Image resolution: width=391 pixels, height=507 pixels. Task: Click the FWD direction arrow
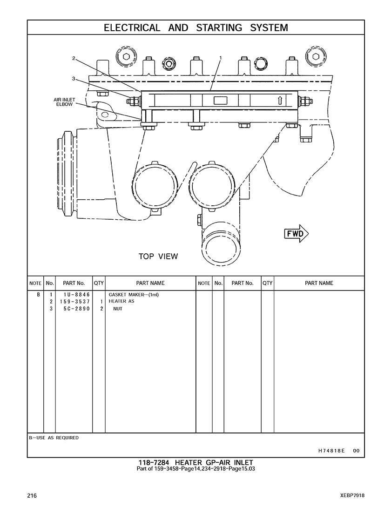pyautogui.click(x=296, y=233)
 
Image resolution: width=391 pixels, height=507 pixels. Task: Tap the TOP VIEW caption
pyautogui.click(x=158, y=257)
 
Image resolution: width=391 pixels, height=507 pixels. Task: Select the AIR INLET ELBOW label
pyautogui.click(x=64, y=102)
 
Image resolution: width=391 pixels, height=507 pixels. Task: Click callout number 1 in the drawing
pyautogui.click(x=221, y=58)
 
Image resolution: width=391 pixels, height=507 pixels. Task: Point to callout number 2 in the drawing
pyautogui.click(x=74, y=59)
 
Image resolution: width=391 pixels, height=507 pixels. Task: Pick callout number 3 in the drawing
pyautogui.click(x=74, y=79)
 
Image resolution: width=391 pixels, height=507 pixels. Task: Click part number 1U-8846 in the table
pyautogui.click(x=77, y=295)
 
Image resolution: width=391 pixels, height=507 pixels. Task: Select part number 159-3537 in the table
pyautogui.click(x=74, y=301)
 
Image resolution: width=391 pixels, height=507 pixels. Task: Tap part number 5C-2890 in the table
pyautogui.click(x=77, y=309)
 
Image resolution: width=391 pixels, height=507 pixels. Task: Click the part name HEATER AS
pyautogui.click(x=121, y=301)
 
